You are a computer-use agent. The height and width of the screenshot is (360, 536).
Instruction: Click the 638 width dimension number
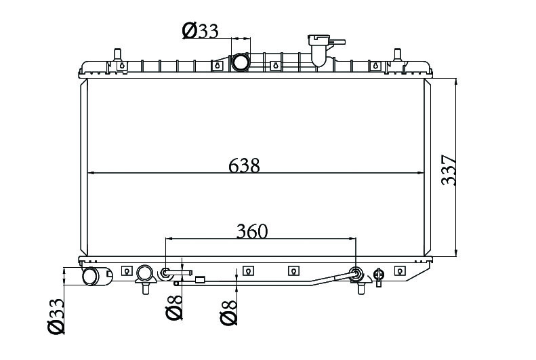pos(244,165)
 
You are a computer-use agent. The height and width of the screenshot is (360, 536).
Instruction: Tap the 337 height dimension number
pos(449,170)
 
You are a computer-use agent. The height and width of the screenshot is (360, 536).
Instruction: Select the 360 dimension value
pos(252,231)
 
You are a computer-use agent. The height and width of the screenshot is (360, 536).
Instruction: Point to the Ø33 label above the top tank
pos(201,31)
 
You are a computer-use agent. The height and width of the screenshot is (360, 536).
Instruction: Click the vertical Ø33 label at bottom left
pos(56,316)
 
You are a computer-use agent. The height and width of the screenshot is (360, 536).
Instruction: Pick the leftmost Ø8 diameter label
pos(173,307)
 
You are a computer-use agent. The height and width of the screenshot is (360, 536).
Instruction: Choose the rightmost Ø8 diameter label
pos(228,313)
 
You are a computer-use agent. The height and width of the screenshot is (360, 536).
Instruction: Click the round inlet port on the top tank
pos(241,62)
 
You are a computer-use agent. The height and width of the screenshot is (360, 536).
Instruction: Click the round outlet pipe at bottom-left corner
pos(91,276)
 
